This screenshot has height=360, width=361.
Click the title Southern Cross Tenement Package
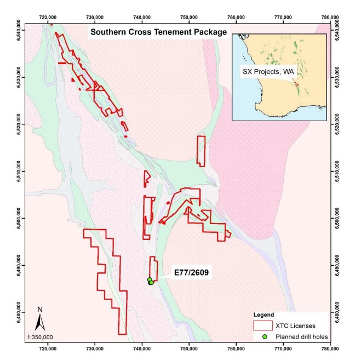point(158,32)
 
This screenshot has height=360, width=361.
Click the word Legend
point(264,315)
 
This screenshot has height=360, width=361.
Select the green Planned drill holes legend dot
point(264,336)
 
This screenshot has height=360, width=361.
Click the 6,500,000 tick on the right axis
point(343,218)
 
